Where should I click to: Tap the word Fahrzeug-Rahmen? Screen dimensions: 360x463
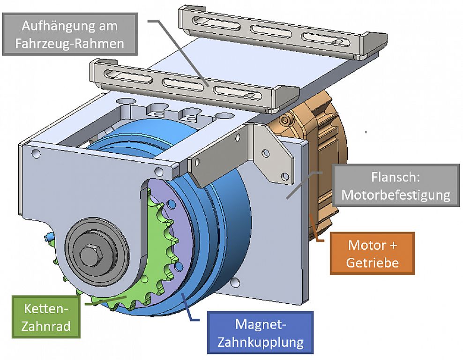(x=69, y=43)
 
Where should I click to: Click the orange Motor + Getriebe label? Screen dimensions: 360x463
(x=373, y=253)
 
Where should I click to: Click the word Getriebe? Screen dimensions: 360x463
(x=373, y=262)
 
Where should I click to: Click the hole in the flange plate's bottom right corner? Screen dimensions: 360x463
(x=235, y=282)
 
